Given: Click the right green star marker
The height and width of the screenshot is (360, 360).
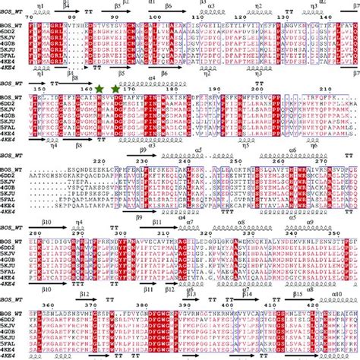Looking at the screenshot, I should click(x=116, y=90).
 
